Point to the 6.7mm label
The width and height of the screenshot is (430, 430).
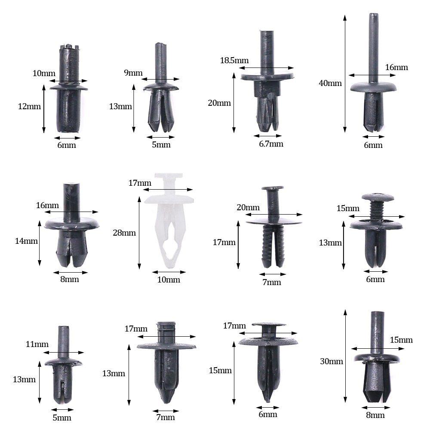coord(271,144)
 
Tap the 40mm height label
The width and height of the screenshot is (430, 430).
coord(330,83)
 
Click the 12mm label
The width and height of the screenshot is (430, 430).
coord(29,106)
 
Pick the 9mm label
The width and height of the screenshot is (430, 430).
coord(133,73)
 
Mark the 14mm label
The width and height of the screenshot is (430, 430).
coord(26,241)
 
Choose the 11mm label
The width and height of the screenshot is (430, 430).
coord(37,344)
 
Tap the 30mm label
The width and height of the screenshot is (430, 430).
coord(332,362)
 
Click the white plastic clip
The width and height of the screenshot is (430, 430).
coord(169,224)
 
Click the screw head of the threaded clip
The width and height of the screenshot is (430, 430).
coord(378,197)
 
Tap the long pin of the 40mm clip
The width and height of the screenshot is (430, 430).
coord(373,47)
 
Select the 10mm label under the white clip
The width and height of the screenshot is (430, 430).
coord(169,280)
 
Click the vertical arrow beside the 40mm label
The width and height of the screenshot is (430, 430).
coord(345,73)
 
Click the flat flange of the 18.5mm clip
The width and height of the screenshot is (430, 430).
coord(267,77)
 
